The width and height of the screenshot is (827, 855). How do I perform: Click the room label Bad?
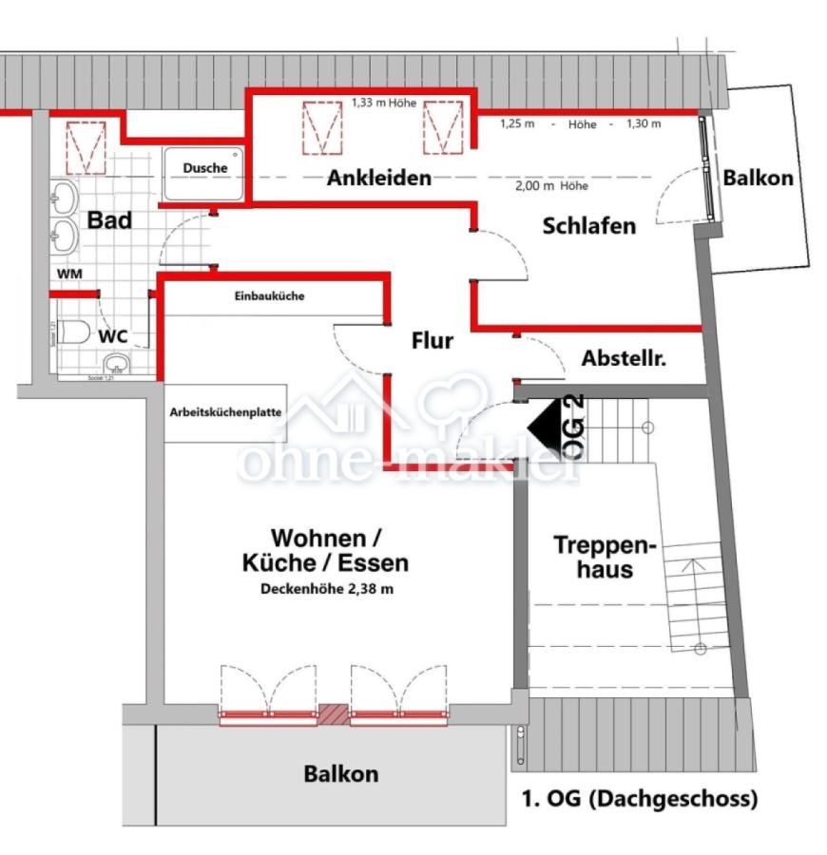[109, 220]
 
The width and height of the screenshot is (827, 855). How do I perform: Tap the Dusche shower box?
[205, 172]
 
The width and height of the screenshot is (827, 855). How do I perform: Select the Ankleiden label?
[379, 178]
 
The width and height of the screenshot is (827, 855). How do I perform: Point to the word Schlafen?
[588, 226]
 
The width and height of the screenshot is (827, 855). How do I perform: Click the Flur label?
[432, 340]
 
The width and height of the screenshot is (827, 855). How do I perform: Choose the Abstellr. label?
[624, 359]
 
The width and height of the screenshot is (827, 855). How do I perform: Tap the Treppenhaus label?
[606, 558]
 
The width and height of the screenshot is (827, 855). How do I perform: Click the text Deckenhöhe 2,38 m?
[326, 588]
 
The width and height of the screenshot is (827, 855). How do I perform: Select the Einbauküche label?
[269, 296]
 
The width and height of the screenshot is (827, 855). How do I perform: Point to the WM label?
[68, 274]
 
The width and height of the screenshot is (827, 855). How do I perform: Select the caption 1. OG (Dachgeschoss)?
[640, 798]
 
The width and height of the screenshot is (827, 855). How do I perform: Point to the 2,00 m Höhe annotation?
[551, 186]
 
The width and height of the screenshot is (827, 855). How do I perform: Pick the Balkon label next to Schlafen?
[758, 178]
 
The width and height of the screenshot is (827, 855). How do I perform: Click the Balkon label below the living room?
[340, 773]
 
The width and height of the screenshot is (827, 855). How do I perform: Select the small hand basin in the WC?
[117, 365]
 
